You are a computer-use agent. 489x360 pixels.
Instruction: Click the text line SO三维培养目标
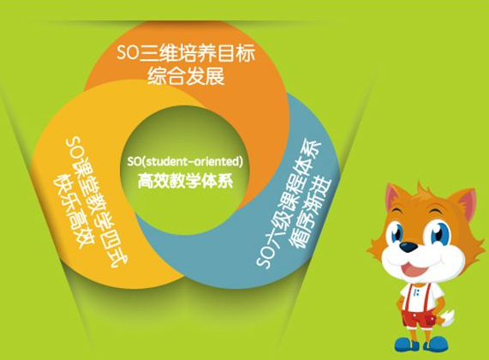pos(186,53)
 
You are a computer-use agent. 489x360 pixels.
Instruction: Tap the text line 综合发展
pos(186,76)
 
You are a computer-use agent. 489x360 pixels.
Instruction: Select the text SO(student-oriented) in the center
pos(185,162)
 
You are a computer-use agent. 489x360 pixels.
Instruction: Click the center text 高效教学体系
pos(185,180)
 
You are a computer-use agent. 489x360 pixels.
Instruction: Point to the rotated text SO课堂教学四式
pos(98,202)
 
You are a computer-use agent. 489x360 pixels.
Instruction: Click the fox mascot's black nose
pos(408,247)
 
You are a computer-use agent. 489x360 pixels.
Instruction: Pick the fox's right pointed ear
pos(466,202)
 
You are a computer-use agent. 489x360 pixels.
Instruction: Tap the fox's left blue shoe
pos(405,344)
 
